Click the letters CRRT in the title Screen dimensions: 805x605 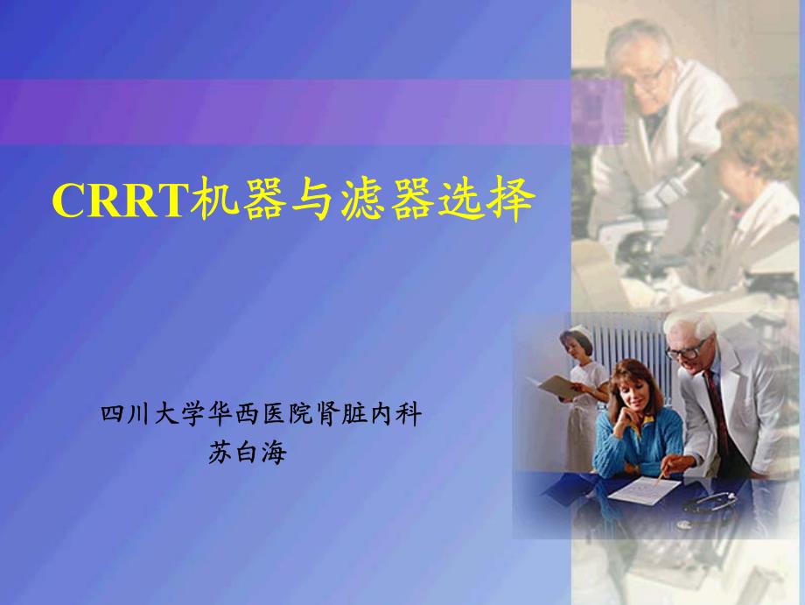pos(117,200)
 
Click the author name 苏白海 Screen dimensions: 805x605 pos(247,453)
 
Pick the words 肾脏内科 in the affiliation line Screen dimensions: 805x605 pos(368,414)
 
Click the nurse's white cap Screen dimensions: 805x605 pos(581,331)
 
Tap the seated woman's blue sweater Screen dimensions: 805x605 pos(637,440)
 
